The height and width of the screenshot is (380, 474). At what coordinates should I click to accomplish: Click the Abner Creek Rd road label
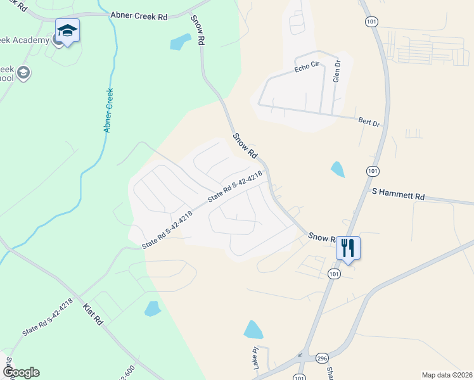coord(139,16)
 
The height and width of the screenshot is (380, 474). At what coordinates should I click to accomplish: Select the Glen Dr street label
coord(337,72)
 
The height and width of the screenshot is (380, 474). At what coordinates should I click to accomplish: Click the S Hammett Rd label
coord(398,194)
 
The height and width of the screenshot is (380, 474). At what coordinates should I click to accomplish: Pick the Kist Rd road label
coord(93,313)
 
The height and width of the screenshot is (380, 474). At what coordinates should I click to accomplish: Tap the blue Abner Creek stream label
coord(109,110)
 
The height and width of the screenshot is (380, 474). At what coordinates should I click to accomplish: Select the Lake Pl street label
coord(256,359)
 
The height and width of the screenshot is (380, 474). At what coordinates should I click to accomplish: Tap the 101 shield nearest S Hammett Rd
coord(373,171)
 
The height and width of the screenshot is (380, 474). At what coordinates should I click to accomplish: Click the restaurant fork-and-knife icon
coord(347,247)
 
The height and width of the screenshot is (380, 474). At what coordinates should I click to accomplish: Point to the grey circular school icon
coord(25,73)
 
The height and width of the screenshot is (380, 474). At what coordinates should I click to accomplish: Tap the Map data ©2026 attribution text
coord(447,375)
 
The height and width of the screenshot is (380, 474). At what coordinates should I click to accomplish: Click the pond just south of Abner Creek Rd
coord(179,42)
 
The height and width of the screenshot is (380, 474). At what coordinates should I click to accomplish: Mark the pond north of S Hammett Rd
coord(338,169)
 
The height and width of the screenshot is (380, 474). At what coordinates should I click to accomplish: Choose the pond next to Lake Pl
coord(253,329)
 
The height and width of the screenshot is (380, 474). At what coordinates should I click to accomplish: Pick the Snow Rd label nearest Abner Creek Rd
coord(198,29)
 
